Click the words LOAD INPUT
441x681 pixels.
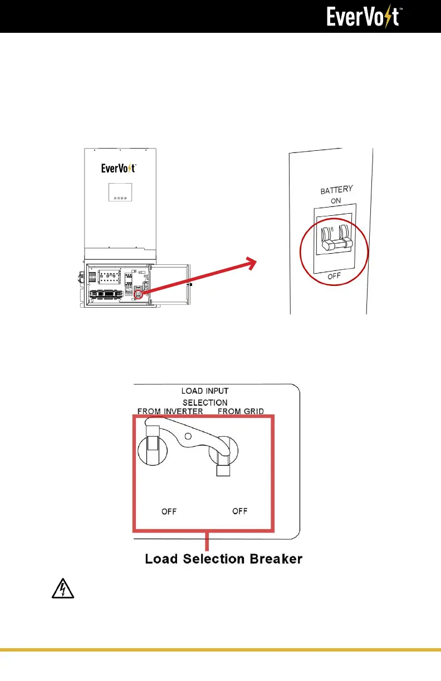click(x=205, y=392)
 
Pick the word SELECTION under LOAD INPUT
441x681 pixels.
click(x=205, y=402)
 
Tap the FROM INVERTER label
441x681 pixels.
click(x=171, y=412)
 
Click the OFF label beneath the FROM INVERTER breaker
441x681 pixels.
click(x=169, y=512)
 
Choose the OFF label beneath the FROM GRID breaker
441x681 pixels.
click(x=240, y=511)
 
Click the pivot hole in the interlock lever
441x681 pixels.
click(x=189, y=436)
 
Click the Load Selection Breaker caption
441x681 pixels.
click(x=224, y=559)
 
